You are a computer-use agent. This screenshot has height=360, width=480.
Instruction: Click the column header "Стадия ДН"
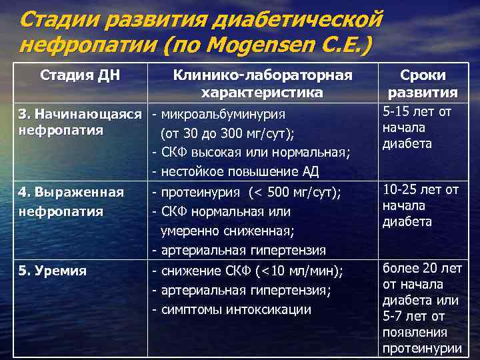click(x=80, y=74)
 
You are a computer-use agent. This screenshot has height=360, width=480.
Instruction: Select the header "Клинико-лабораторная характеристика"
click(x=262, y=83)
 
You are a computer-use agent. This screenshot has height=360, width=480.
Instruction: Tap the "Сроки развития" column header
click(x=423, y=84)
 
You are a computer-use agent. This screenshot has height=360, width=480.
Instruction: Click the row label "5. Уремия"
click(x=53, y=271)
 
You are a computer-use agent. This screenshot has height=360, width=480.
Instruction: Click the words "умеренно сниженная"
click(x=227, y=231)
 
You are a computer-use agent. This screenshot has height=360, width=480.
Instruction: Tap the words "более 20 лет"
click(x=421, y=269)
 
